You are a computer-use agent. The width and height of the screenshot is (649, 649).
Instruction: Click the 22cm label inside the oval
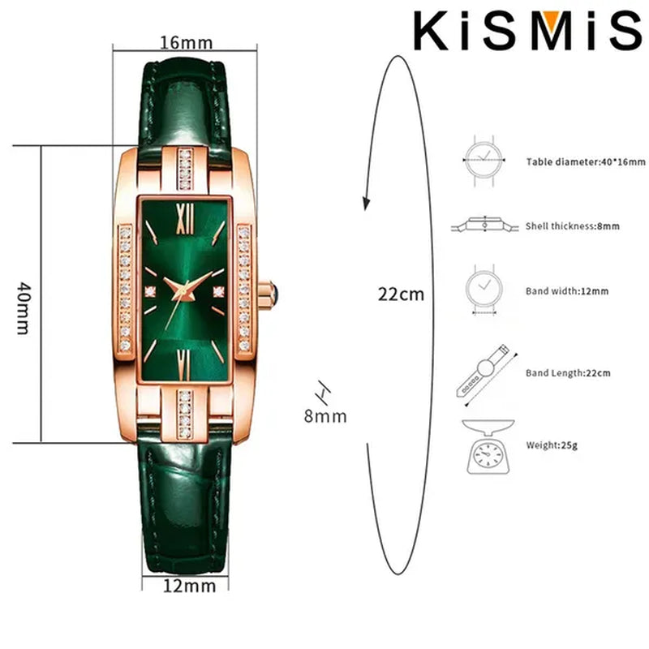[x=401, y=294]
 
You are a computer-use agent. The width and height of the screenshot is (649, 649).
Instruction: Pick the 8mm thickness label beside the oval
[x=325, y=416]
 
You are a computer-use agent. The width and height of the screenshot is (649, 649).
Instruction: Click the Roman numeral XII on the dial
[x=183, y=215]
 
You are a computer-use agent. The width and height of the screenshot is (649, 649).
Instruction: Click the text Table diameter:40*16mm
[x=585, y=162]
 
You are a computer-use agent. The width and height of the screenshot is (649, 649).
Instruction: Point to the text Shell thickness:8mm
[x=572, y=226]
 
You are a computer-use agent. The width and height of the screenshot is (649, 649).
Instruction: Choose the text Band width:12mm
[x=566, y=290]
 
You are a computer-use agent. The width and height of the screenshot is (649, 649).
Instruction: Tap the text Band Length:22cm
[x=568, y=373]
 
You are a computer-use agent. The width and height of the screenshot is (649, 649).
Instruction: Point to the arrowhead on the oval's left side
[x=367, y=202]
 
